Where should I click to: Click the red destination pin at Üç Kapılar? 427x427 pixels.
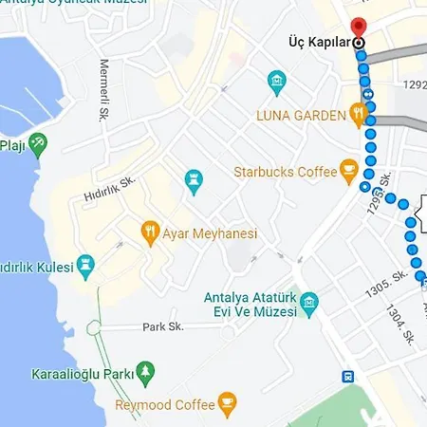coord(359,28)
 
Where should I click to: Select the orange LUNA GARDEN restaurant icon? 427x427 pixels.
coord(358,116)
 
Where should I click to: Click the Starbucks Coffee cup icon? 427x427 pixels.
coord(349,172)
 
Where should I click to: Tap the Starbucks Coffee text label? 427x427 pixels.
coord(286,172)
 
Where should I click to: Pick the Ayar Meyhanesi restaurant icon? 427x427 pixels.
coord(149,231)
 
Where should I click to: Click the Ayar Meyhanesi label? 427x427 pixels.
coord(210,232)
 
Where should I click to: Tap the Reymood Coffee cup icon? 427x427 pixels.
coord(226,405)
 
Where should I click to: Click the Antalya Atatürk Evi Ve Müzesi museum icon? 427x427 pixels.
coord(309,306)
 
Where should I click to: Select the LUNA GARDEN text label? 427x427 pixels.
coord(301,116)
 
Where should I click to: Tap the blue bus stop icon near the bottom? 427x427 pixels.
coord(349,376)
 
